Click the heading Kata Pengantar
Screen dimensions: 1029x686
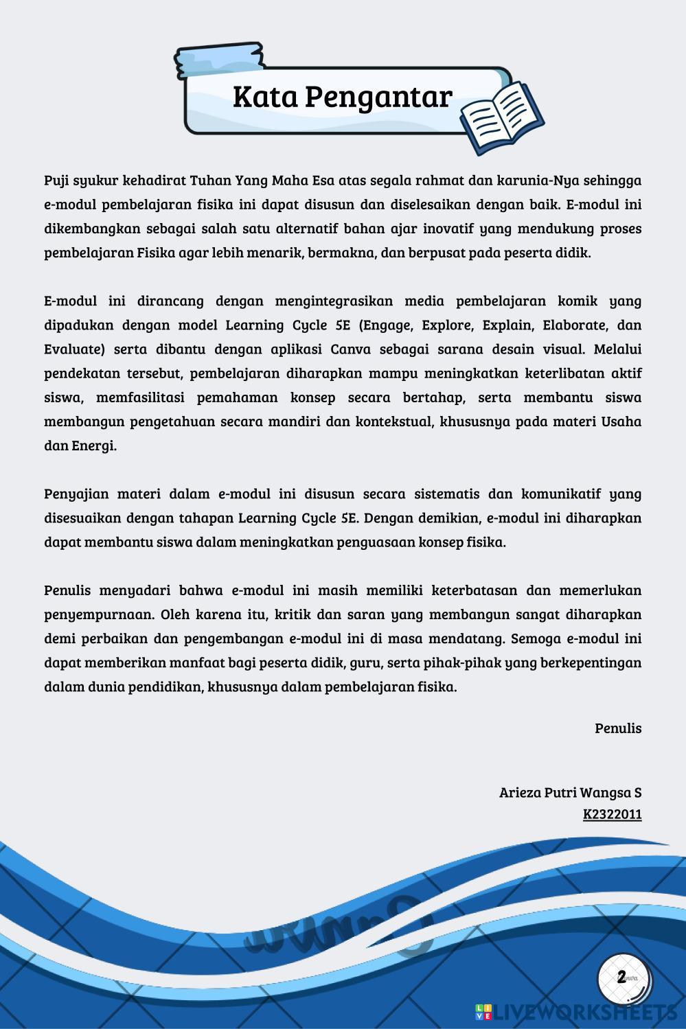(x=342, y=97)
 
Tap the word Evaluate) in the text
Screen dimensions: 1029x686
(x=74, y=349)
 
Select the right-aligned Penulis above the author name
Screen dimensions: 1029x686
(x=618, y=728)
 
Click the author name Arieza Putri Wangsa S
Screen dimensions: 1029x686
(x=570, y=792)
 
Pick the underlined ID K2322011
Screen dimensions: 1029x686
(x=612, y=815)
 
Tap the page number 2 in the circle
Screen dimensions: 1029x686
(x=621, y=978)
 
